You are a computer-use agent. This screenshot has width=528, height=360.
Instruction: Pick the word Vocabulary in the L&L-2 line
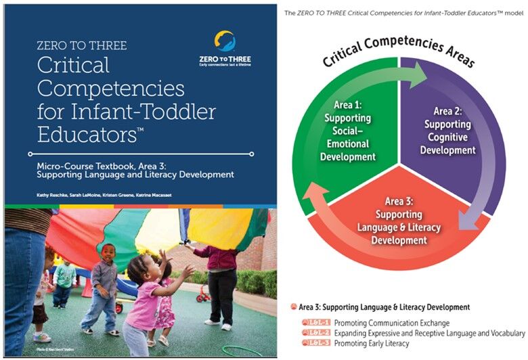504,334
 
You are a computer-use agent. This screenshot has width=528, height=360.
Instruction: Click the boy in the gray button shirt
104,284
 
